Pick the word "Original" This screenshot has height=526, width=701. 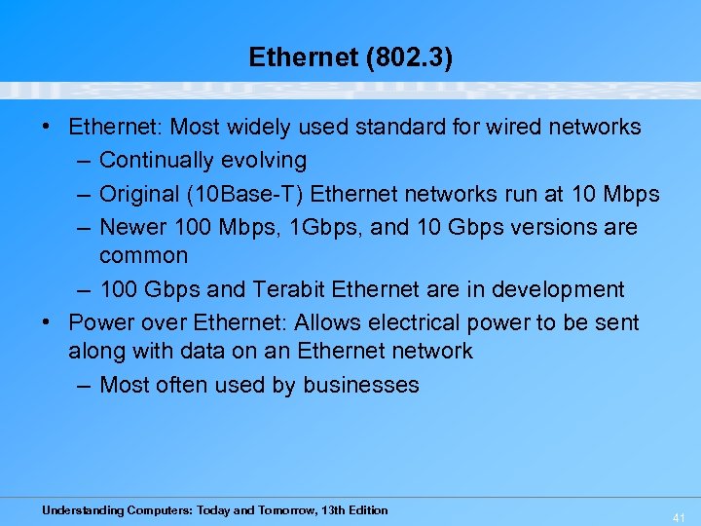point(135,194)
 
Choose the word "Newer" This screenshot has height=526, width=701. point(131,227)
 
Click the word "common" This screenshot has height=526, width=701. point(144,255)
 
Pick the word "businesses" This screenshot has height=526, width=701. point(361,385)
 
